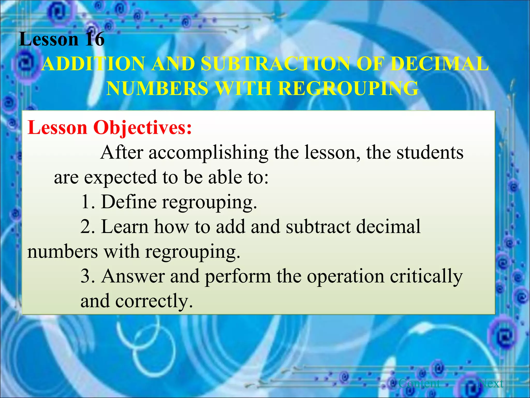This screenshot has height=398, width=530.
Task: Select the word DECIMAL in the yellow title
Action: [439, 64]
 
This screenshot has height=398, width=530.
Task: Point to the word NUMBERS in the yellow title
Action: [157, 88]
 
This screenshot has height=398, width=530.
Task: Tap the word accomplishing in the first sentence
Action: [208, 153]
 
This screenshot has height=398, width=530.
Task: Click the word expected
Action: [120, 177]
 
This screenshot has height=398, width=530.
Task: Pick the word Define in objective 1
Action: [129, 202]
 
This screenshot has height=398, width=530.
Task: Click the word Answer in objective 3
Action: [133, 276]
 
